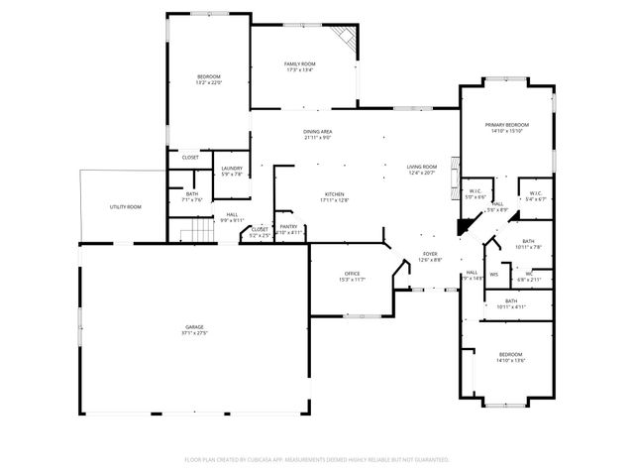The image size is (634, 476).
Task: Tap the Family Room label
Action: click(x=300, y=64)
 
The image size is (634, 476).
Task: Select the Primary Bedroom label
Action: click(x=506, y=124)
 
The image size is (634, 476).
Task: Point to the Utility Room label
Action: click(x=125, y=206)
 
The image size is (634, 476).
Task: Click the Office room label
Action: click(x=351, y=273)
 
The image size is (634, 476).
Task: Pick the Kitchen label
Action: click(x=335, y=193)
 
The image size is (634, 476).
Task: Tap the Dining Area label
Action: click(x=318, y=132)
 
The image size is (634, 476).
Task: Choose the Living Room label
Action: click(x=422, y=167)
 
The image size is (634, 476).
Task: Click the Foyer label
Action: click(x=430, y=253)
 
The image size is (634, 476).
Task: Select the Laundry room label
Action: click(x=232, y=169)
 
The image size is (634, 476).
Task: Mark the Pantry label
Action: click(x=289, y=226)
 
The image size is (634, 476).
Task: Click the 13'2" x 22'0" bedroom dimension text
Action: click(x=209, y=83)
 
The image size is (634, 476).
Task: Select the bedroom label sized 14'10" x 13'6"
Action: click(x=511, y=354)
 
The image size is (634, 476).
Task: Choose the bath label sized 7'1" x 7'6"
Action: click(x=192, y=193)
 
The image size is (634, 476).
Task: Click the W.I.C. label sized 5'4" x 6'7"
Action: click(x=535, y=192)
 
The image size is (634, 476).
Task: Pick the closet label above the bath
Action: click(x=190, y=157)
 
